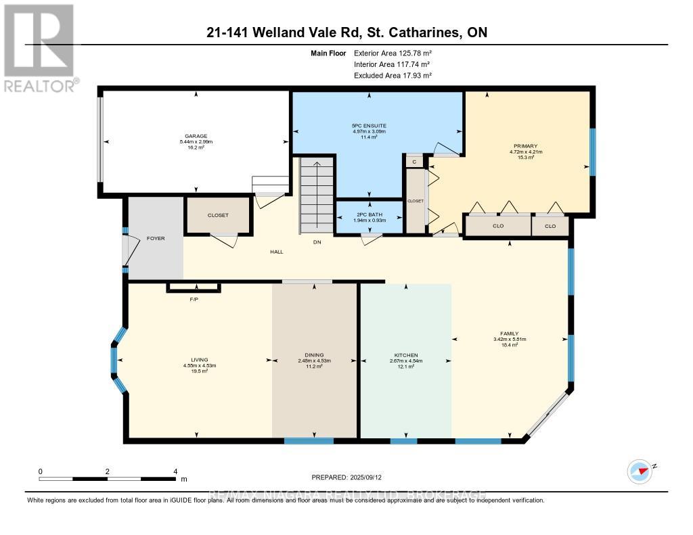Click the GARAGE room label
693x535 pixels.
pyautogui.click(x=196, y=135)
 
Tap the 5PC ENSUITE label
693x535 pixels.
pyautogui.click(x=369, y=125)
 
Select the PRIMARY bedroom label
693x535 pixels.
pyautogui.click(x=526, y=145)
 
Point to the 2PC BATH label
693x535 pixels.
pyautogui.click(x=369, y=215)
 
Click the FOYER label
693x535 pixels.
pyautogui.click(x=156, y=239)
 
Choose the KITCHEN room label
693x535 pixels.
pyautogui.click(x=406, y=355)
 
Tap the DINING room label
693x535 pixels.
pyautogui.click(x=314, y=355)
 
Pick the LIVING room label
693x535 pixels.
pyautogui.click(x=199, y=360)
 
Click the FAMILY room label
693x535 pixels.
pyautogui.click(x=509, y=333)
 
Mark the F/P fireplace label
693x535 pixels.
pyautogui.click(x=194, y=299)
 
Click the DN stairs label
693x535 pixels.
pyautogui.click(x=316, y=242)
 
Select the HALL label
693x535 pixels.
pyautogui.click(x=276, y=252)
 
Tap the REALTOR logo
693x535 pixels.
pyautogui.click(x=39, y=47)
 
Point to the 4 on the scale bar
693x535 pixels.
pyautogui.click(x=175, y=471)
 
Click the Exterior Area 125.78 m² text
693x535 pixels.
pyautogui.click(x=393, y=53)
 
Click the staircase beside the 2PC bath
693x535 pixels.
pyautogui.click(x=316, y=193)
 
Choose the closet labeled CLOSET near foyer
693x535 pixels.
pyautogui.click(x=218, y=215)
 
